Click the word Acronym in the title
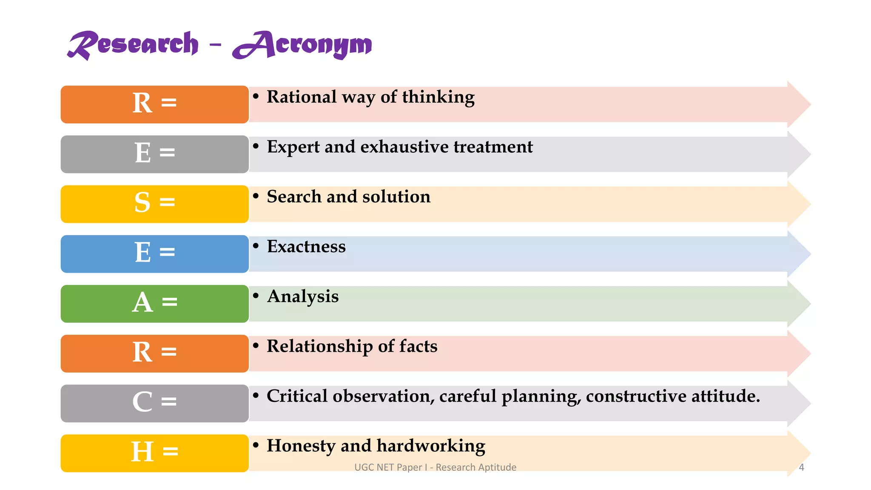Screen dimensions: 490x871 click(x=303, y=45)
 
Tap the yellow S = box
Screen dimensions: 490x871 click(x=154, y=204)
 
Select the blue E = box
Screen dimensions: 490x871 click(x=154, y=254)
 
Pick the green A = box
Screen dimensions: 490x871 click(x=154, y=303)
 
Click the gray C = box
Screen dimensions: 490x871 click(x=154, y=403)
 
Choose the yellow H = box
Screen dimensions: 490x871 click(x=154, y=453)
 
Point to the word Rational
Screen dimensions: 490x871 click(x=301, y=97)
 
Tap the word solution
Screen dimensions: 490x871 click(x=396, y=197)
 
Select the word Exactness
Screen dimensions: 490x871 click(x=306, y=247)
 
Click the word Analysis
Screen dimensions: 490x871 click(x=303, y=296)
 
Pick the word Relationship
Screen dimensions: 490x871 click(x=319, y=346)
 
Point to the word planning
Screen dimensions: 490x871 click(x=541, y=396)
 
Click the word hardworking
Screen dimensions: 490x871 click(x=431, y=446)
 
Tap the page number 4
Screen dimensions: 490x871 click(x=801, y=467)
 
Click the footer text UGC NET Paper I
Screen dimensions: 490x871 click(x=391, y=467)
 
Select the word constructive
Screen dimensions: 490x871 click(x=636, y=396)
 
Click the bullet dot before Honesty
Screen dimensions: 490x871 click(x=256, y=445)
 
